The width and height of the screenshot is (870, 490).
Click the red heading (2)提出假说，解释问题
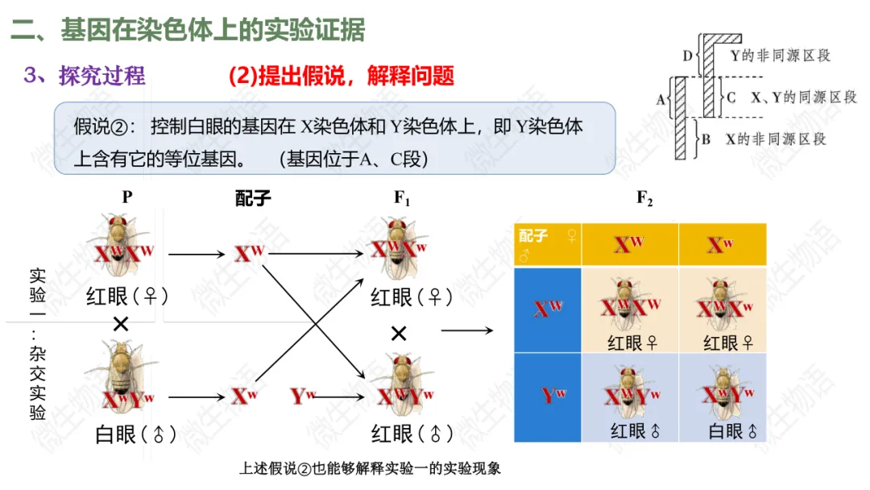[x=342, y=76]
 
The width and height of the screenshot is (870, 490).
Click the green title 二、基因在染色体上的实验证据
[x=188, y=31]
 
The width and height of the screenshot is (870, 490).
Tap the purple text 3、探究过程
[x=85, y=76]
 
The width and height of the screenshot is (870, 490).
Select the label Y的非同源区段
[x=779, y=56]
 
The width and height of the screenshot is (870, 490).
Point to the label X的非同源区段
[x=776, y=139]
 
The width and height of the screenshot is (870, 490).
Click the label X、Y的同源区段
[x=803, y=98]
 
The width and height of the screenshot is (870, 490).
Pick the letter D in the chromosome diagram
[x=687, y=56]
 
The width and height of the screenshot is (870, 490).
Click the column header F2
[x=644, y=199]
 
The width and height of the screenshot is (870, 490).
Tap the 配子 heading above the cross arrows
[x=253, y=199]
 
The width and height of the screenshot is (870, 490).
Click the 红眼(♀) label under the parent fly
[x=127, y=297]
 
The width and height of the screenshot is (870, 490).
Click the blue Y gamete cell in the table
[x=548, y=397]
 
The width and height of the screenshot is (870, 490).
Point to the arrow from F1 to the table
[x=466, y=330]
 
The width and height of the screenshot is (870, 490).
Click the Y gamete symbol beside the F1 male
[x=303, y=396]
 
